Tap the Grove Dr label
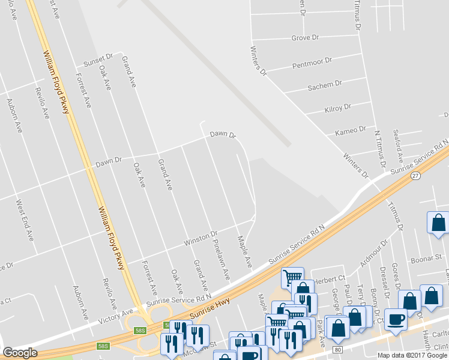[x=305, y=38]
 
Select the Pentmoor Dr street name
[x=312, y=62]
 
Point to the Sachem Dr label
[x=324, y=85]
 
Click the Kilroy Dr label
[x=337, y=109]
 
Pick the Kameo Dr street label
[x=350, y=130]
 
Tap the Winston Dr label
[x=200, y=238]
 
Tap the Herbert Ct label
[x=331, y=278]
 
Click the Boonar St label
[x=426, y=259]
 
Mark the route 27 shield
[x=415, y=176]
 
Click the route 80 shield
[x=338, y=349]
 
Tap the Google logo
[x=20, y=353]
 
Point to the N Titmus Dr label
[x=380, y=148]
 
